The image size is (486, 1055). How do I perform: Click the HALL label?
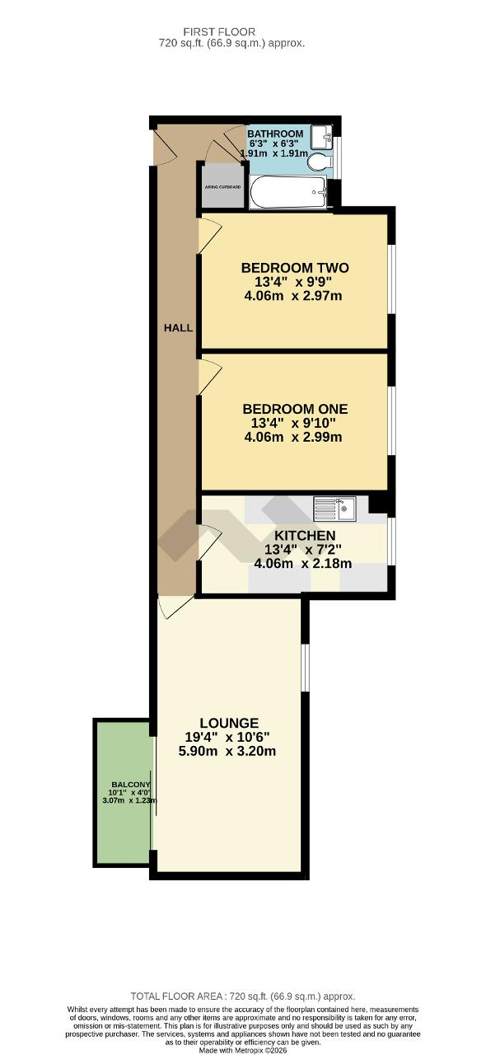pos(178,327)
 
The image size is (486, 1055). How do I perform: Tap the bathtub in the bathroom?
pos(287,192)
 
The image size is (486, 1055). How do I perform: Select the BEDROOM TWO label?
pos(294,268)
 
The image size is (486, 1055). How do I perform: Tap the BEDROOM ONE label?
pos(294,409)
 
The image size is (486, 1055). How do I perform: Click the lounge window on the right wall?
pos(304,667)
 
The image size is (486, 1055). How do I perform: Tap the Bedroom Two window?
pos(390,279)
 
